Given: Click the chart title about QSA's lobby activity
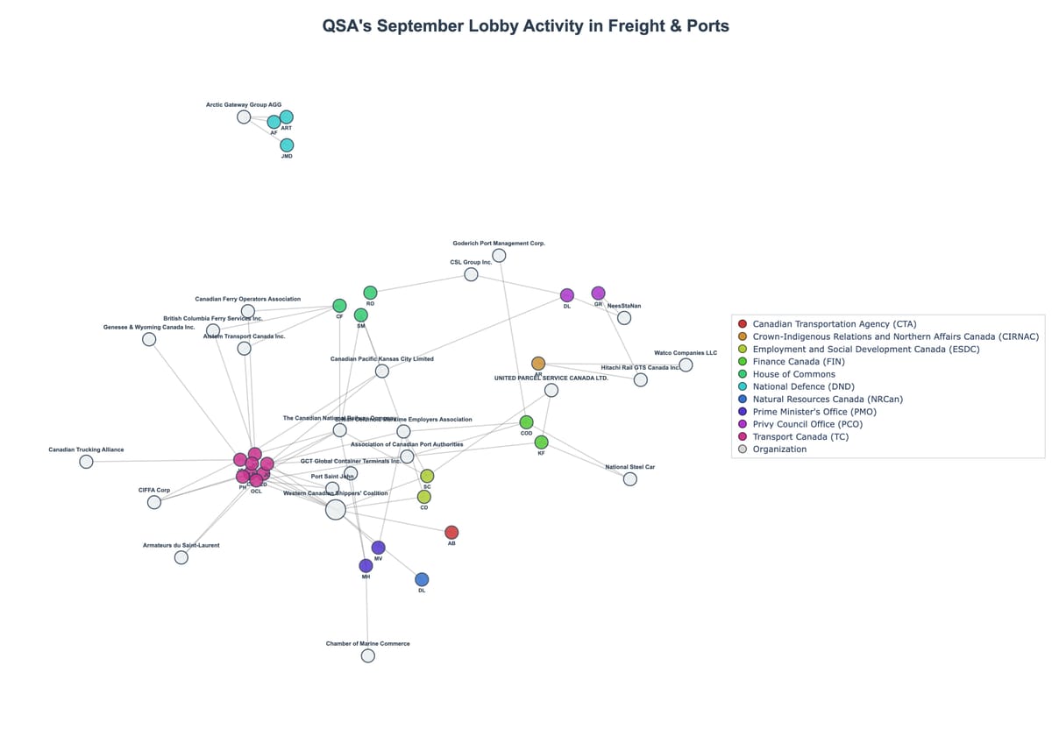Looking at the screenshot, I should (x=525, y=26).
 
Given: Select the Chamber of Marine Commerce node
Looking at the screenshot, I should (x=368, y=655).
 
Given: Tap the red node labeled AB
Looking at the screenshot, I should (x=451, y=533).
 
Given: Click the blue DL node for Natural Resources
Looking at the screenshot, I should (x=422, y=579).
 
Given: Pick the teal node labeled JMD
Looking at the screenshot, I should (x=287, y=145).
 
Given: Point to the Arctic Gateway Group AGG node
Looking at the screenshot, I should (x=244, y=117).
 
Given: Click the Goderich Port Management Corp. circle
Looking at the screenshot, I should (x=499, y=255).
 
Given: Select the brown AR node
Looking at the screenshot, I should (x=538, y=363).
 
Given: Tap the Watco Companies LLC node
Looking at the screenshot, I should (x=686, y=364).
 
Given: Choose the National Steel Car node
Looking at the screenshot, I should (x=630, y=479).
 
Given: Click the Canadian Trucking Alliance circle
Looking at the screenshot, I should (x=86, y=462).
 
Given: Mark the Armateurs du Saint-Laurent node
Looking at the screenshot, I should (x=181, y=557).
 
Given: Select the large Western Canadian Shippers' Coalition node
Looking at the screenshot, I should (x=336, y=510).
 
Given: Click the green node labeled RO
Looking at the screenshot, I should (x=370, y=293).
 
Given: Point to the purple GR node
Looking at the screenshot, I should (x=598, y=293).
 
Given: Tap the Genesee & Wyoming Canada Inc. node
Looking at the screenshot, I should (x=149, y=339).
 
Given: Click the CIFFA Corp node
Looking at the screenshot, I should (x=154, y=502).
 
